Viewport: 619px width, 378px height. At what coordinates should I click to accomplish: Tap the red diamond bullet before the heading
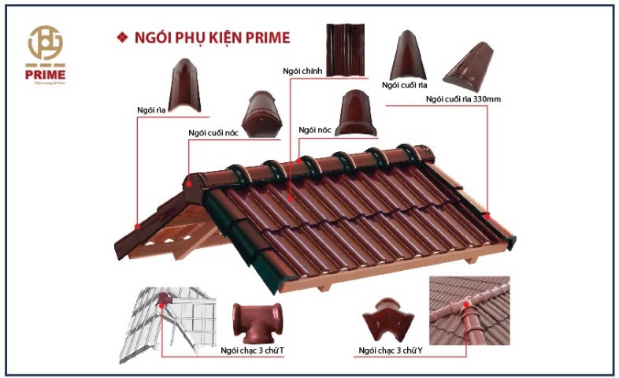[121, 37]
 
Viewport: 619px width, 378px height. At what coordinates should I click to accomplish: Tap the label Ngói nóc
[313, 128]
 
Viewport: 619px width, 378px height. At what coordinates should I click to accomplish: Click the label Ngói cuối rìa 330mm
[463, 98]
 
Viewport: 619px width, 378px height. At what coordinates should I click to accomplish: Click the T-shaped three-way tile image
[258, 322]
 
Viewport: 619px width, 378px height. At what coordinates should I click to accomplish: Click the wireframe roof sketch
[174, 319]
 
